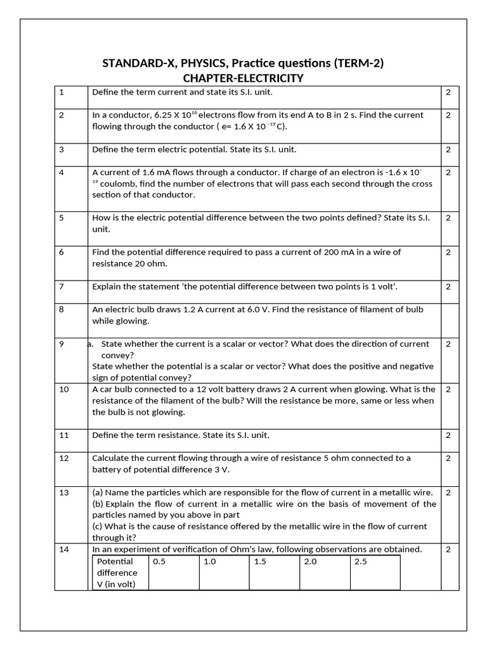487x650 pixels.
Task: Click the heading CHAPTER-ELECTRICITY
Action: [x=243, y=78]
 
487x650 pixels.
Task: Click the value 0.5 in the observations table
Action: [x=159, y=562]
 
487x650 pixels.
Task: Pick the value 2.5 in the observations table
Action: [x=361, y=562]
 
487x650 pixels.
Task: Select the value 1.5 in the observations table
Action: [x=260, y=562]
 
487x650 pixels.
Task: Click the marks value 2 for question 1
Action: [x=448, y=93]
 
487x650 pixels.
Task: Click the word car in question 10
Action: [x=107, y=390]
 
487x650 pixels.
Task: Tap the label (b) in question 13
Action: [x=98, y=504]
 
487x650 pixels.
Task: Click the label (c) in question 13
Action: [x=98, y=527]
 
